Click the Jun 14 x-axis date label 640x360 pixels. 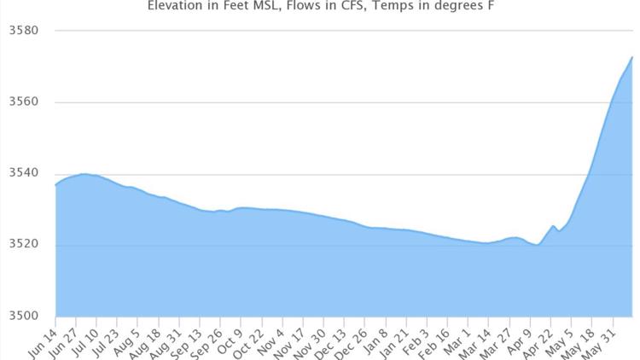[43, 338]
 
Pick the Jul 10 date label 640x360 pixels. [87, 338]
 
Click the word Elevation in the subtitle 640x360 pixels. [174, 6]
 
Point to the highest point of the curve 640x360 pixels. [631, 57]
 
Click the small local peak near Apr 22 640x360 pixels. [553, 226]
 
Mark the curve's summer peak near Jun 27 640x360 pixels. [84, 174]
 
